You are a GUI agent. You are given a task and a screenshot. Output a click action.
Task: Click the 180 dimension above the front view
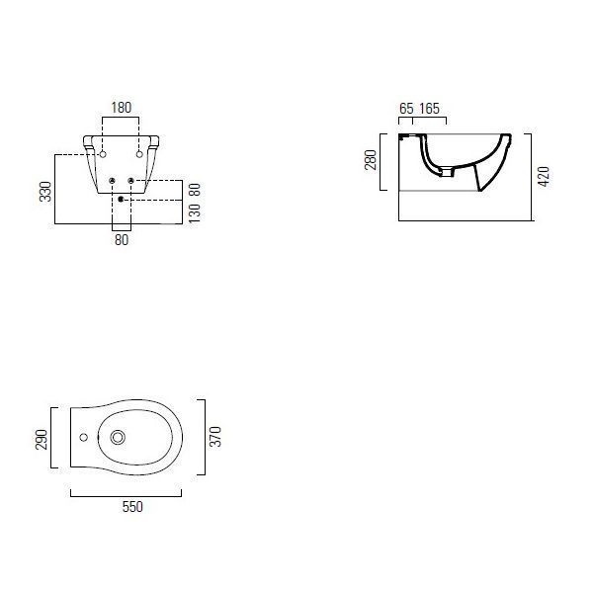(x=121, y=108)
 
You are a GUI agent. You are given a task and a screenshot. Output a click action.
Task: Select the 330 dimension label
(x=45, y=192)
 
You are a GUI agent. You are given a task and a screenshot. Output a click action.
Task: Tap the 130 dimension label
(x=195, y=213)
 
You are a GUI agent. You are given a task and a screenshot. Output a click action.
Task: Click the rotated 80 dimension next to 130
(x=195, y=190)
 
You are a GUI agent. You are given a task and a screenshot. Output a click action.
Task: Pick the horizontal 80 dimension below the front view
(x=122, y=240)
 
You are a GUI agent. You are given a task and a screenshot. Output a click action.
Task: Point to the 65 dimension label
(x=406, y=109)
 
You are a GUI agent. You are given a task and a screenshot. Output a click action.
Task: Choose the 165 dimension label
(x=430, y=109)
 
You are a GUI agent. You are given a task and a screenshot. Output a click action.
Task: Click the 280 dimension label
(x=371, y=160)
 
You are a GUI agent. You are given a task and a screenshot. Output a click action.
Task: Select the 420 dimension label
(x=544, y=176)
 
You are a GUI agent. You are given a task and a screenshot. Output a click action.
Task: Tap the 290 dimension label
(x=42, y=440)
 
